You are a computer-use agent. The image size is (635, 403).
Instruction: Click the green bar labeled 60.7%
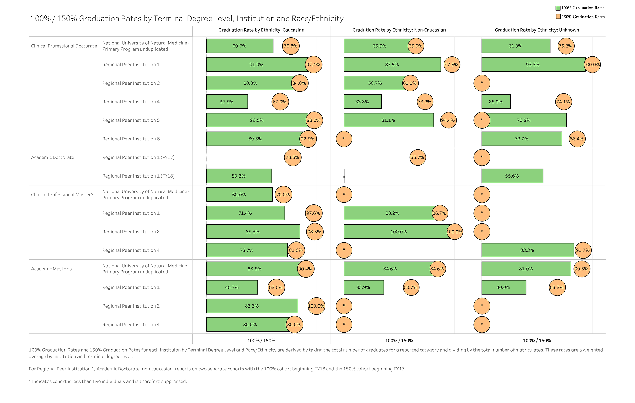coord(240,46)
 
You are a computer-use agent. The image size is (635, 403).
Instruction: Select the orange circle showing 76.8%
coord(291,46)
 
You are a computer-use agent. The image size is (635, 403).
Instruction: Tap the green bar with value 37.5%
coord(227,102)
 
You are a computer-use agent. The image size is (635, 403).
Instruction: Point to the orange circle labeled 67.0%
coord(280,102)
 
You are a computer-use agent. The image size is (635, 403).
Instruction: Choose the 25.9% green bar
coord(496,102)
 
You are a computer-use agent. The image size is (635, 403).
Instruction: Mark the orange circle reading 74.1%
coord(564,102)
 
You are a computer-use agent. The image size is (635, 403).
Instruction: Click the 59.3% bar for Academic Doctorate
coord(239,176)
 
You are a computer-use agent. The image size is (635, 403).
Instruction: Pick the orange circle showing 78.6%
coord(293,157)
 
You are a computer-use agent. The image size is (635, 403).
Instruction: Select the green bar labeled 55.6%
coord(512,176)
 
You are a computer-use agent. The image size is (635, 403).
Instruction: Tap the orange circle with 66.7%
coord(417,157)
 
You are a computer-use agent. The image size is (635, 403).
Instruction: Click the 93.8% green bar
coord(533,64)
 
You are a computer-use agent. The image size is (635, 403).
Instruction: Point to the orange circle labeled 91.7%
coord(583,250)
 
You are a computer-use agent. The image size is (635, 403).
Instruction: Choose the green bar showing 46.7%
coord(232,287)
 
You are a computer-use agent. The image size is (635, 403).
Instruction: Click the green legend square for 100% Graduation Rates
coord(558,8)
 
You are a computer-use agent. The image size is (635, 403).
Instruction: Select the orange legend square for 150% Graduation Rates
coord(558,17)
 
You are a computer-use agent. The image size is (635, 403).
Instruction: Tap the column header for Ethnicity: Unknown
coord(537,30)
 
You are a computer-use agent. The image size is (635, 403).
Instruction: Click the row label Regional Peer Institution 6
coord(131,139)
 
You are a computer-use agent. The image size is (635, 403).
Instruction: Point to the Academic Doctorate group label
coord(53,157)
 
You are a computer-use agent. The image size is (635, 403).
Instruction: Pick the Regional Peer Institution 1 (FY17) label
coord(138,157)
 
